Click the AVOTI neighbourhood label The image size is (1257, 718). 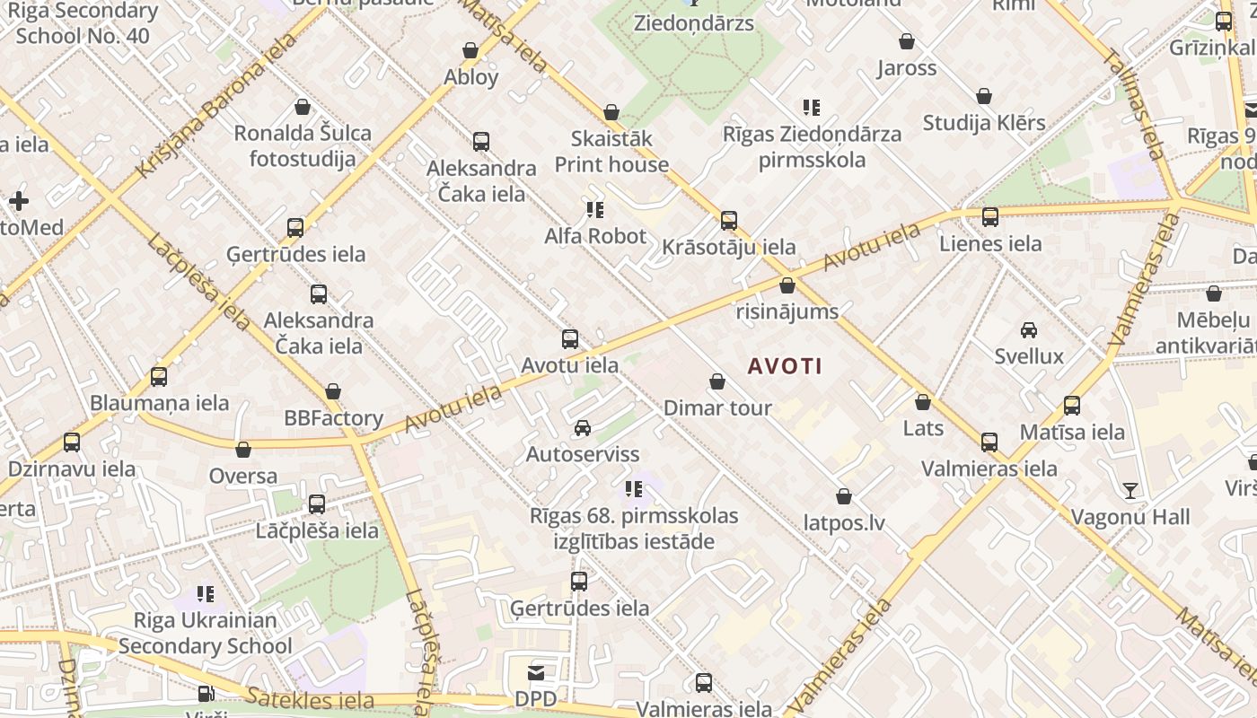(x=785, y=366)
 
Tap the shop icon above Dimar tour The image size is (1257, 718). (x=717, y=382)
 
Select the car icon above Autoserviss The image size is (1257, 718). (x=583, y=428)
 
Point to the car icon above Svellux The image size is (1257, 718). (x=1029, y=330)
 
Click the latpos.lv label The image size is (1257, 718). (x=844, y=522)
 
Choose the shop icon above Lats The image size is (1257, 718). (x=923, y=402)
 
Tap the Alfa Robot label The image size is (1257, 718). (x=595, y=236)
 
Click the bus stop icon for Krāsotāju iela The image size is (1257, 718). (x=729, y=221)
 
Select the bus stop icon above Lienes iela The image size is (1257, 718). (x=990, y=217)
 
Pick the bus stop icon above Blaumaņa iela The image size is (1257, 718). (x=159, y=377)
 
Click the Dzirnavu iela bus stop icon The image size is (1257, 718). (x=72, y=442)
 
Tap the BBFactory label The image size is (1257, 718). (x=333, y=418)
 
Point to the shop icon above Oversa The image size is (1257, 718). (x=243, y=450)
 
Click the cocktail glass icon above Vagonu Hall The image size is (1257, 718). (x=1130, y=491)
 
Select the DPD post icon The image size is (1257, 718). (x=536, y=673)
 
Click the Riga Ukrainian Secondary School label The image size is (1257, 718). (x=205, y=633)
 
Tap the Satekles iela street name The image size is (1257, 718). (x=310, y=699)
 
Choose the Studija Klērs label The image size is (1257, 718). (x=984, y=122)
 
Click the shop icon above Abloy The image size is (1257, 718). (x=470, y=50)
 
